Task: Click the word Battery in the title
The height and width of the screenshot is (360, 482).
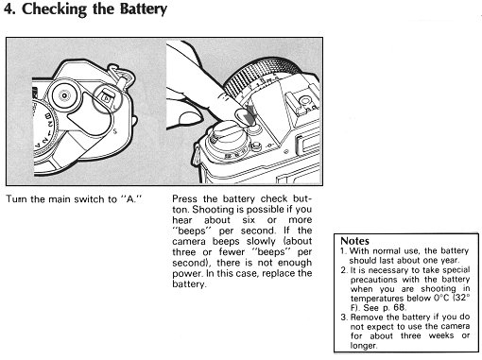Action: tap(144, 9)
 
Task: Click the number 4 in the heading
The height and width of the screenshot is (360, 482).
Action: tap(9, 9)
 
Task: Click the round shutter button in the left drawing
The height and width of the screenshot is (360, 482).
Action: tap(64, 95)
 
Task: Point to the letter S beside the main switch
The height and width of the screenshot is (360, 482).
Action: tap(114, 130)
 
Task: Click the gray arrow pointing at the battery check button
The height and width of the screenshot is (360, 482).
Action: tap(251, 114)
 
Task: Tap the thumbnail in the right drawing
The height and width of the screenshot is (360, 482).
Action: tap(191, 119)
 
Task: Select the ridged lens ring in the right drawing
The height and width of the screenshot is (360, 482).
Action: tap(263, 76)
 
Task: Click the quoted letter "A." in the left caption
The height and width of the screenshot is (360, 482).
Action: tap(131, 199)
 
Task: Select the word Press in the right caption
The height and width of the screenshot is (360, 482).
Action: tap(184, 199)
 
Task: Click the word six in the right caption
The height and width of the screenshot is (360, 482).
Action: tap(249, 220)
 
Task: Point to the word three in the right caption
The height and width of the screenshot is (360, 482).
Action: tap(184, 252)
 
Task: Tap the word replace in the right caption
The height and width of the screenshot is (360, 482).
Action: tap(279, 273)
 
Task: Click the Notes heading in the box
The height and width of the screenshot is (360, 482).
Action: tap(354, 241)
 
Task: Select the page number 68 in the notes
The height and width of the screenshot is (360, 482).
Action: tap(399, 307)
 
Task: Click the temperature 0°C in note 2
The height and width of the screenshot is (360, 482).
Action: tap(441, 298)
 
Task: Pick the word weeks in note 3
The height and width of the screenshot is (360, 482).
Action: tap(441, 335)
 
